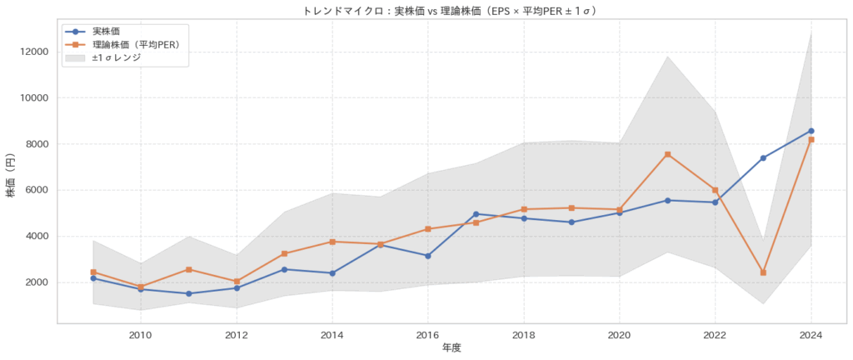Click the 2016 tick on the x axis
[x=427, y=335]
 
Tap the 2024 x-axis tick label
[x=811, y=335]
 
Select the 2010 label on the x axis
[x=140, y=335]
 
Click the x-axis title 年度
[x=451, y=348]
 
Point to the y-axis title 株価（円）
[x=12, y=176]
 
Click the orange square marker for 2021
[x=667, y=154]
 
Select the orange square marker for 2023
[x=763, y=272]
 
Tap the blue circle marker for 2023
[x=763, y=157]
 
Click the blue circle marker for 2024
[x=811, y=131]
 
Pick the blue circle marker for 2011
[x=188, y=293]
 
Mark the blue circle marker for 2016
[x=427, y=256]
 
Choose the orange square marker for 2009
[x=92, y=272]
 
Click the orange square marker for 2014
[x=332, y=242]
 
